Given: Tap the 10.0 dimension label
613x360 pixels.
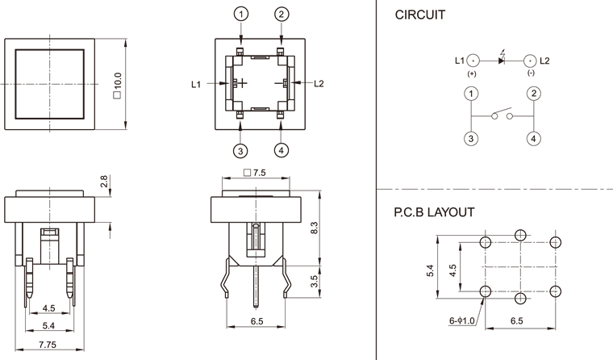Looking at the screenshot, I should [118, 82].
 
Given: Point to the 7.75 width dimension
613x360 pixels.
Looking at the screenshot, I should [49, 345].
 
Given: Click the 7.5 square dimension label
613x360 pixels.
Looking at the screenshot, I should [255, 172].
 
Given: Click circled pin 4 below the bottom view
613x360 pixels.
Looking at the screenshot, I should [281, 151].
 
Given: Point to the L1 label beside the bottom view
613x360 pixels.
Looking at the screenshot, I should [196, 83].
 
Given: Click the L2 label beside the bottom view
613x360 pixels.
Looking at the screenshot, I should [319, 83].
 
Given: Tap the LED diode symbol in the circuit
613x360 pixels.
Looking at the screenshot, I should [502, 61].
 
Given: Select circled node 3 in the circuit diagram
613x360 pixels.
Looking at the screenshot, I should [470, 138].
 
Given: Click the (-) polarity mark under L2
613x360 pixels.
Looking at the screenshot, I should [531, 73].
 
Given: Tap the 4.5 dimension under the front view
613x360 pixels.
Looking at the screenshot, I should [48, 308].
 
